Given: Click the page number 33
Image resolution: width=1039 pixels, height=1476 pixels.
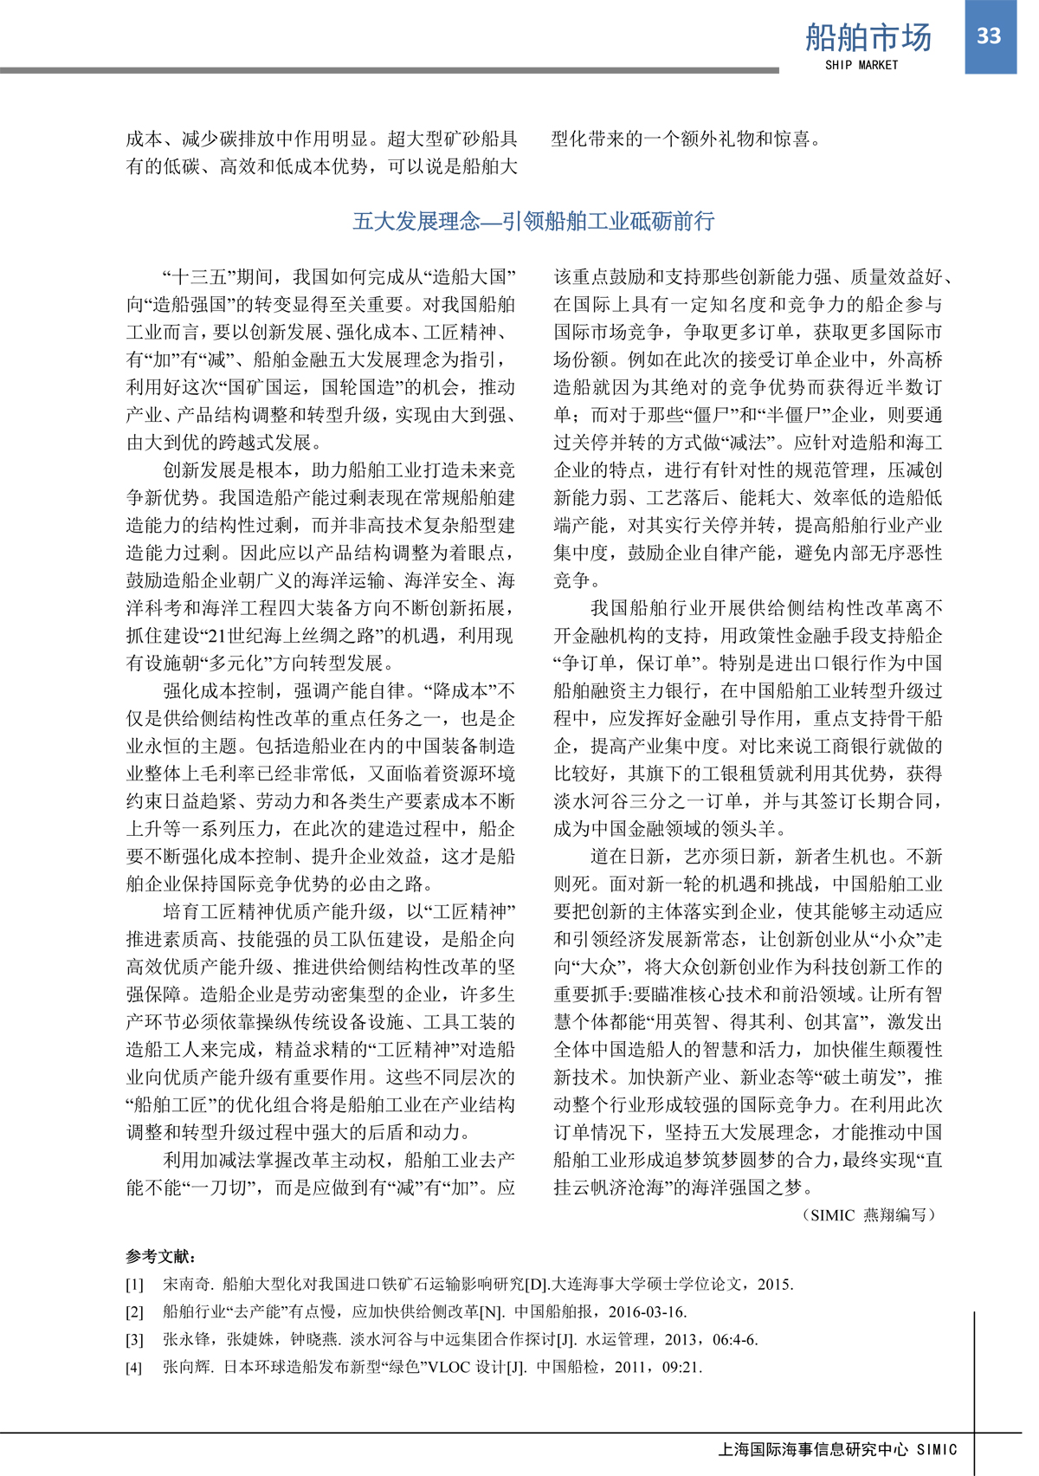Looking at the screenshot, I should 989,36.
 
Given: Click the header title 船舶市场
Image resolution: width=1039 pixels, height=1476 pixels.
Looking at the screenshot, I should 868,38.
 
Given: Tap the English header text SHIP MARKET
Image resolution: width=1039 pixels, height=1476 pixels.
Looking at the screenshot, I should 862,65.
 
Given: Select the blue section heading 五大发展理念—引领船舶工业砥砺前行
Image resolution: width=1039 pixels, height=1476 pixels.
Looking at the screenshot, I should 533,222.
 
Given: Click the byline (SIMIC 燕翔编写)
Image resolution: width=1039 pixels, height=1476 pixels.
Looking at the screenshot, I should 869,1215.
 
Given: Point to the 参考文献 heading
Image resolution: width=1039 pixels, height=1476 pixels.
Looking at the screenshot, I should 161,1256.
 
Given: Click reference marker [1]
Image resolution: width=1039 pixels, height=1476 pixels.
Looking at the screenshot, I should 134,1285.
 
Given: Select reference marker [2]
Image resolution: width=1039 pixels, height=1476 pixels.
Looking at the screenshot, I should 134,1312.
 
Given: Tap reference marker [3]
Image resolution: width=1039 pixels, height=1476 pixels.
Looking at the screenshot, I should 134,1340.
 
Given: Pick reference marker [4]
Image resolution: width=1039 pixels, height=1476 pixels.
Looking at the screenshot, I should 134,1368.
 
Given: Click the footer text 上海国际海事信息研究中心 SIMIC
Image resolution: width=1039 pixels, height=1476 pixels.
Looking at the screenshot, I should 837,1449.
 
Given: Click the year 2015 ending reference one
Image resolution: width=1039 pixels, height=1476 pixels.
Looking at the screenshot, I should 775,1285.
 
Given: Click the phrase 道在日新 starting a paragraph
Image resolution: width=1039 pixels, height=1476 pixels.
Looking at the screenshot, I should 627,857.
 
